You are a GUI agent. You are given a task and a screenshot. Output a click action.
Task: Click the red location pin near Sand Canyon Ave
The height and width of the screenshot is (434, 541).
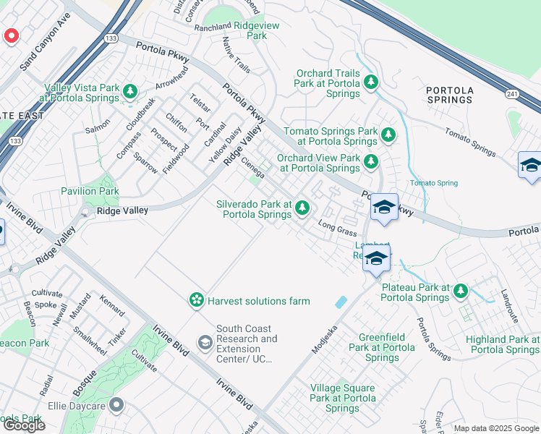pyautogui.click(x=12, y=35)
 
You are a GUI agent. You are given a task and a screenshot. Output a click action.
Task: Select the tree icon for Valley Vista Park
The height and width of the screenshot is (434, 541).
pyautogui.click(x=130, y=91)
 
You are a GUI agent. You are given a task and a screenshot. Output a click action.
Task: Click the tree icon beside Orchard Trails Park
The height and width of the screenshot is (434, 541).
pyautogui.click(x=371, y=82)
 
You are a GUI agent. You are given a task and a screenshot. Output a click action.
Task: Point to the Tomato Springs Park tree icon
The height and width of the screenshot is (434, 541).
pyautogui.click(x=388, y=135)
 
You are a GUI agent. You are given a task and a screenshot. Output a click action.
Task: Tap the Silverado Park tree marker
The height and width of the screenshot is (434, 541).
pyautogui.click(x=302, y=209)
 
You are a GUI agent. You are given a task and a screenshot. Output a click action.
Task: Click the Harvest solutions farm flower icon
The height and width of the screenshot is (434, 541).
pyautogui.click(x=195, y=300)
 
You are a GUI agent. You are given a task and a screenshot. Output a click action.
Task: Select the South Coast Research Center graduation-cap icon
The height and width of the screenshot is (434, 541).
pyautogui.click(x=205, y=341)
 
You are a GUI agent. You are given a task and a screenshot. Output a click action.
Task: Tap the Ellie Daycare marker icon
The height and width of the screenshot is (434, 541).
pyautogui.click(x=116, y=405)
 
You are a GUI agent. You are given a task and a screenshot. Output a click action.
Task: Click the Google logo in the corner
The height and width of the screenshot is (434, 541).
pyautogui.click(x=23, y=425)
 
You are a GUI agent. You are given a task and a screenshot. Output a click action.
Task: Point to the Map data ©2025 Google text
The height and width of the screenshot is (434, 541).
pyautogui.click(x=496, y=428)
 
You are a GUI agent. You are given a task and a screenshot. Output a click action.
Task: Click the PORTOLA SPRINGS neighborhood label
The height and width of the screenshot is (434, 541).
pyautogui.click(x=450, y=95)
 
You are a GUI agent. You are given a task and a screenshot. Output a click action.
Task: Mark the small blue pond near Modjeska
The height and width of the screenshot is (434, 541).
pyautogui.click(x=341, y=302)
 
